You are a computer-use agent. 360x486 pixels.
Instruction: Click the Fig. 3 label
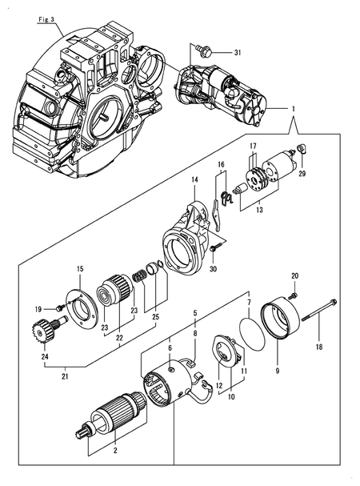pyautogui.click(x=46, y=19)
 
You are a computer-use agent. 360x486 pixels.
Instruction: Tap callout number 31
pyautogui.click(x=238, y=53)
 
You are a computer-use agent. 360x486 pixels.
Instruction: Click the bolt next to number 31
pyautogui.click(x=203, y=50)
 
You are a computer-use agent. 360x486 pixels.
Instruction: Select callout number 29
pyautogui.click(x=302, y=174)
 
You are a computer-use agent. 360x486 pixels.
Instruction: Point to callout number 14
pyautogui.click(x=194, y=179)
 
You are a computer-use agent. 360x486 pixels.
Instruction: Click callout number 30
pyautogui.click(x=213, y=269)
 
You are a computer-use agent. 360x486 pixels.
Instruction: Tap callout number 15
pyautogui.click(x=80, y=269)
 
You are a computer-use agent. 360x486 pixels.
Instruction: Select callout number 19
pyautogui.click(x=38, y=309)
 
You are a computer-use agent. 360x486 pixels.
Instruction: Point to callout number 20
pyautogui.click(x=295, y=275)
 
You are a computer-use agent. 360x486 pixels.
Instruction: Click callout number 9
pyautogui.click(x=278, y=370)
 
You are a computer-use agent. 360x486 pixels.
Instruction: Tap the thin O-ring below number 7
pyautogui.click(x=252, y=333)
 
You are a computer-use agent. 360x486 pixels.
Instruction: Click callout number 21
pyautogui.click(x=66, y=376)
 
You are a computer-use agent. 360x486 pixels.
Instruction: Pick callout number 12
pyautogui.click(x=219, y=386)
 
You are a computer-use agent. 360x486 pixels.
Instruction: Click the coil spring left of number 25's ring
pyautogui.click(x=139, y=275)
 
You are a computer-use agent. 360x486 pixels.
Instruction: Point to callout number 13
pyautogui.click(x=260, y=210)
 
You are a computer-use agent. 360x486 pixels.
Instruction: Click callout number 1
pyautogui.click(x=293, y=109)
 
